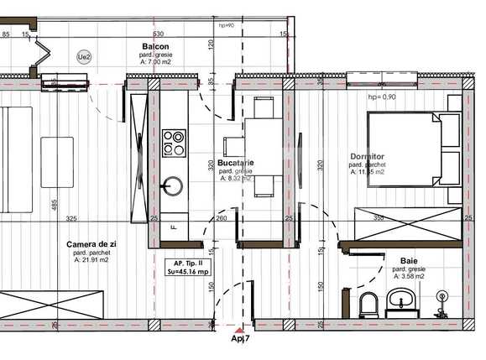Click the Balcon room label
click(155, 47)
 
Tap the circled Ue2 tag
click(84, 57)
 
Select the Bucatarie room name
click(235, 162)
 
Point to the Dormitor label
click(367, 157)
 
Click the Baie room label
click(409, 261)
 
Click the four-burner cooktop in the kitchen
click(174, 141)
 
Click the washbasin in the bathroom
click(402, 300)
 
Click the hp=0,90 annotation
click(383, 97)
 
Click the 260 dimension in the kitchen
click(221, 219)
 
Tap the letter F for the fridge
click(173, 227)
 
